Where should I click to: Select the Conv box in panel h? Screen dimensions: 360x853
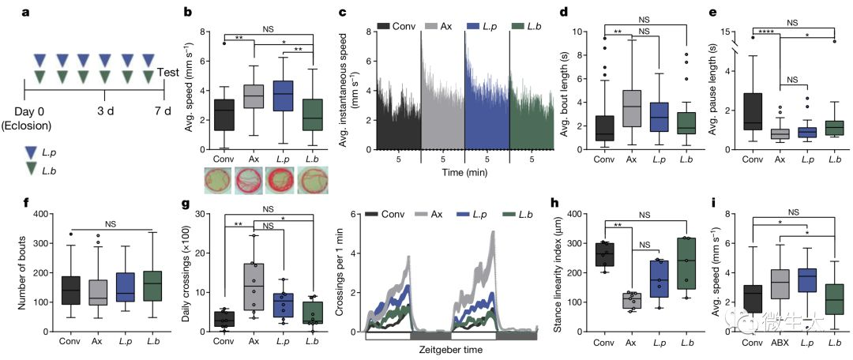coord(603,254)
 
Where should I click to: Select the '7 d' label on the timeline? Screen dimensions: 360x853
coord(163,109)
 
